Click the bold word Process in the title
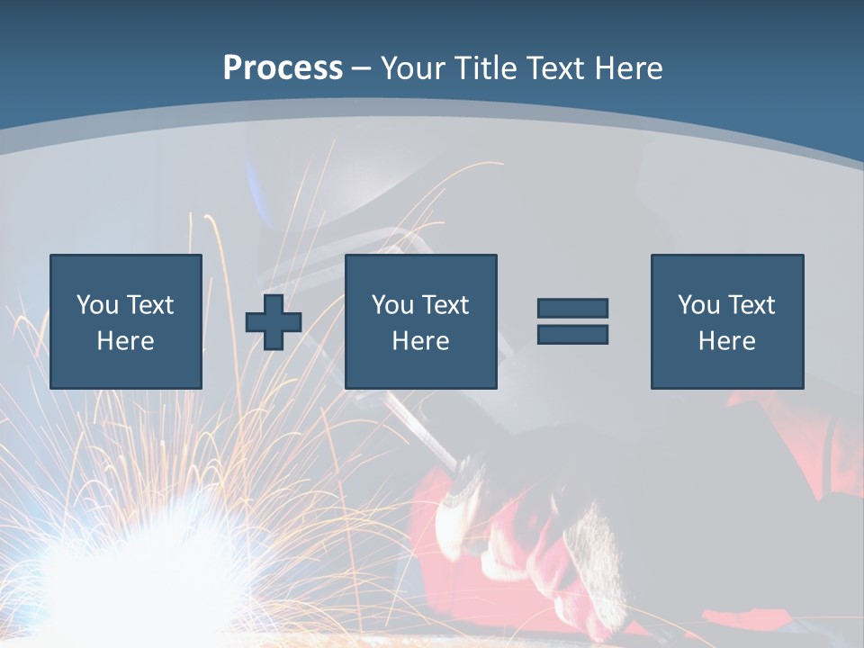pos(283,67)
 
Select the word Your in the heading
pos(412,67)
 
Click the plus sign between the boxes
pos(274,322)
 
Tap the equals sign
pos(572,321)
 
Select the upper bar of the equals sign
pos(572,309)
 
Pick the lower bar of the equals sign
pos(572,334)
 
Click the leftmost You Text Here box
pos(126,321)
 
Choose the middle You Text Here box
pos(421,321)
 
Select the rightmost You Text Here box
pos(727,321)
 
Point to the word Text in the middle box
pos(445,305)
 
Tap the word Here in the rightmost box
pos(727,341)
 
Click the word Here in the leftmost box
pos(126,341)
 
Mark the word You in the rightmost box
pos(699,305)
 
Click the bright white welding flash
pos(135,567)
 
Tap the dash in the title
pos(361,68)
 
